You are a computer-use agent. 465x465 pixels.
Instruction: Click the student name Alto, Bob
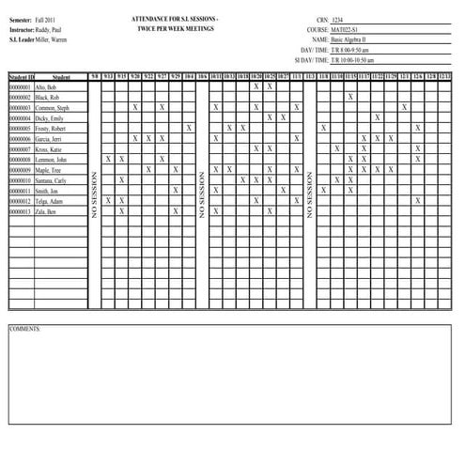pos(47,86)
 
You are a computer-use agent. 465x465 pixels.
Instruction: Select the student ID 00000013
pos(20,211)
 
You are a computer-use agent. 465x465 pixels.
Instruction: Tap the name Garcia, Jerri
pos(51,138)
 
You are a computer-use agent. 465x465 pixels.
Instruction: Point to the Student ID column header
pos(21,76)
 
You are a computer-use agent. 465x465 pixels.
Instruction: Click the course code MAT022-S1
pos(349,30)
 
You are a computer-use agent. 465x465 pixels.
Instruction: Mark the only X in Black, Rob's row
pos(350,97)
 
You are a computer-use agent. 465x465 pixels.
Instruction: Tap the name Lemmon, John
pos(52,159)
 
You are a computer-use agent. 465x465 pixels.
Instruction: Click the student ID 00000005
pos(20,128)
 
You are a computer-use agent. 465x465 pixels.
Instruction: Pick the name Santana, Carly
pos(52,180)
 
